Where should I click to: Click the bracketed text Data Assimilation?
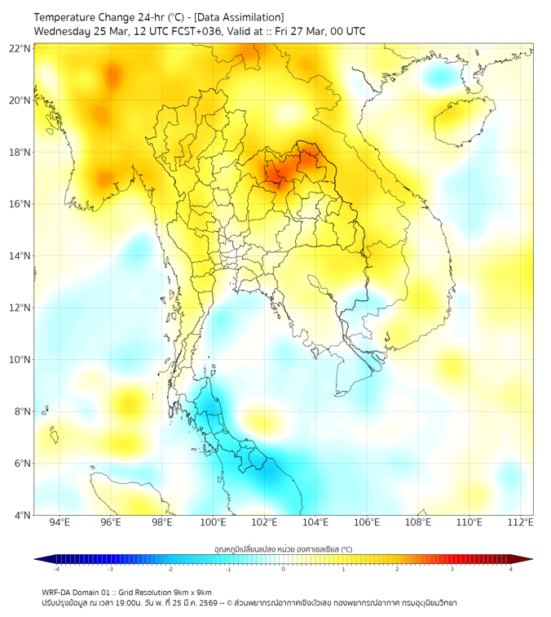[x=236, y=16]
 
